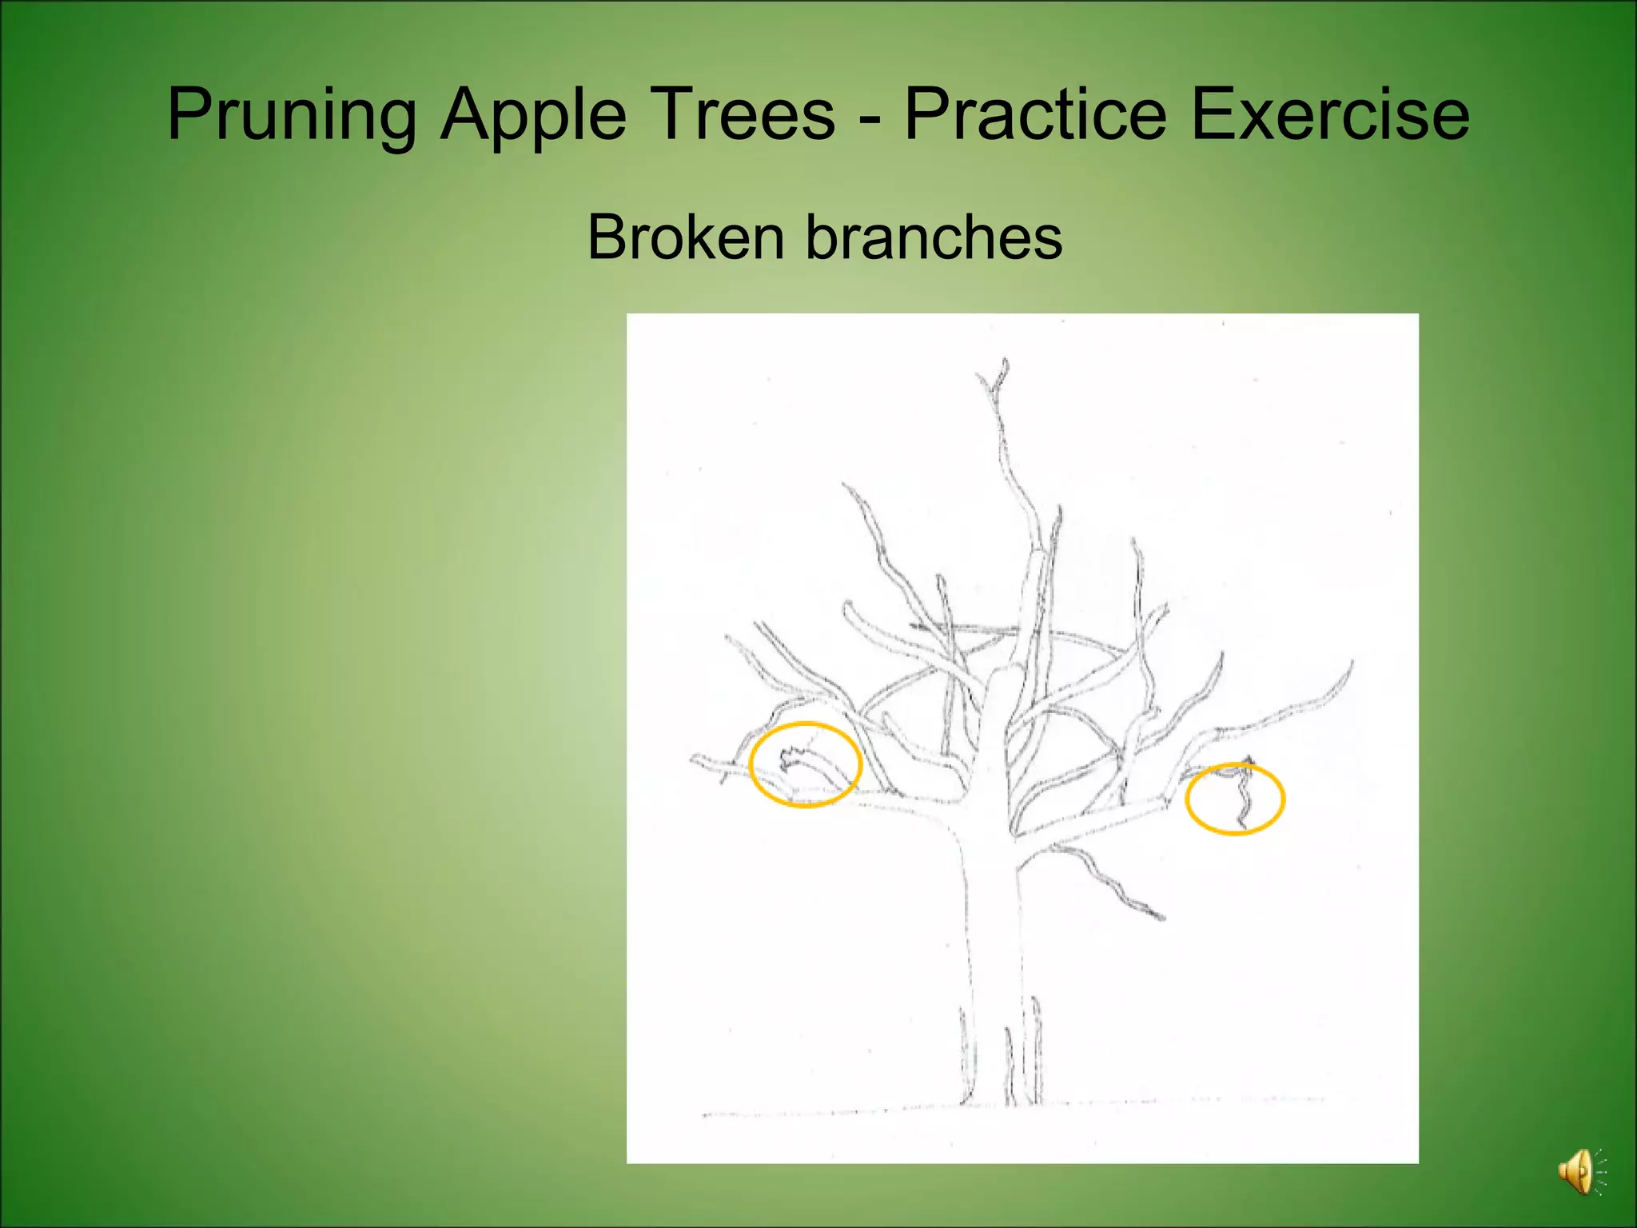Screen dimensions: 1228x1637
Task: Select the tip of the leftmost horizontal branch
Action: point(695,758)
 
